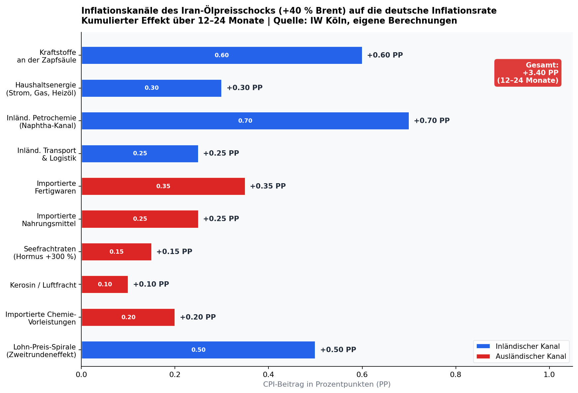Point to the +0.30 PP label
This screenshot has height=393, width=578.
tap(245, 88)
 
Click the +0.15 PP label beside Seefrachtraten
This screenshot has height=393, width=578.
tap(174, 252)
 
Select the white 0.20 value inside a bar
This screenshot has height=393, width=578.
tap(128, 317)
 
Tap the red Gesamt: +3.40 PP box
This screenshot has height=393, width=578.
tap(528, 73)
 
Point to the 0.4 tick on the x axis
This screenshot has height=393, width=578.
tap(268, 375)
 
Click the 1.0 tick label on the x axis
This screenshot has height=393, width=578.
tap(549, 375)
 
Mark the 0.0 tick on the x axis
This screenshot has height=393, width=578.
tap(81, 375)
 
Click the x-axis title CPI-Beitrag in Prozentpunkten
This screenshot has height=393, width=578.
tap(327, 384)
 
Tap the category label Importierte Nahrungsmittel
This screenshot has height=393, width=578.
tap(49, 220)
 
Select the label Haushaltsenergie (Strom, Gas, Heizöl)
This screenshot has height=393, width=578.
tap(41, 89)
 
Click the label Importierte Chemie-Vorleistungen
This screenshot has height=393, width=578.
tap(41, 318)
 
